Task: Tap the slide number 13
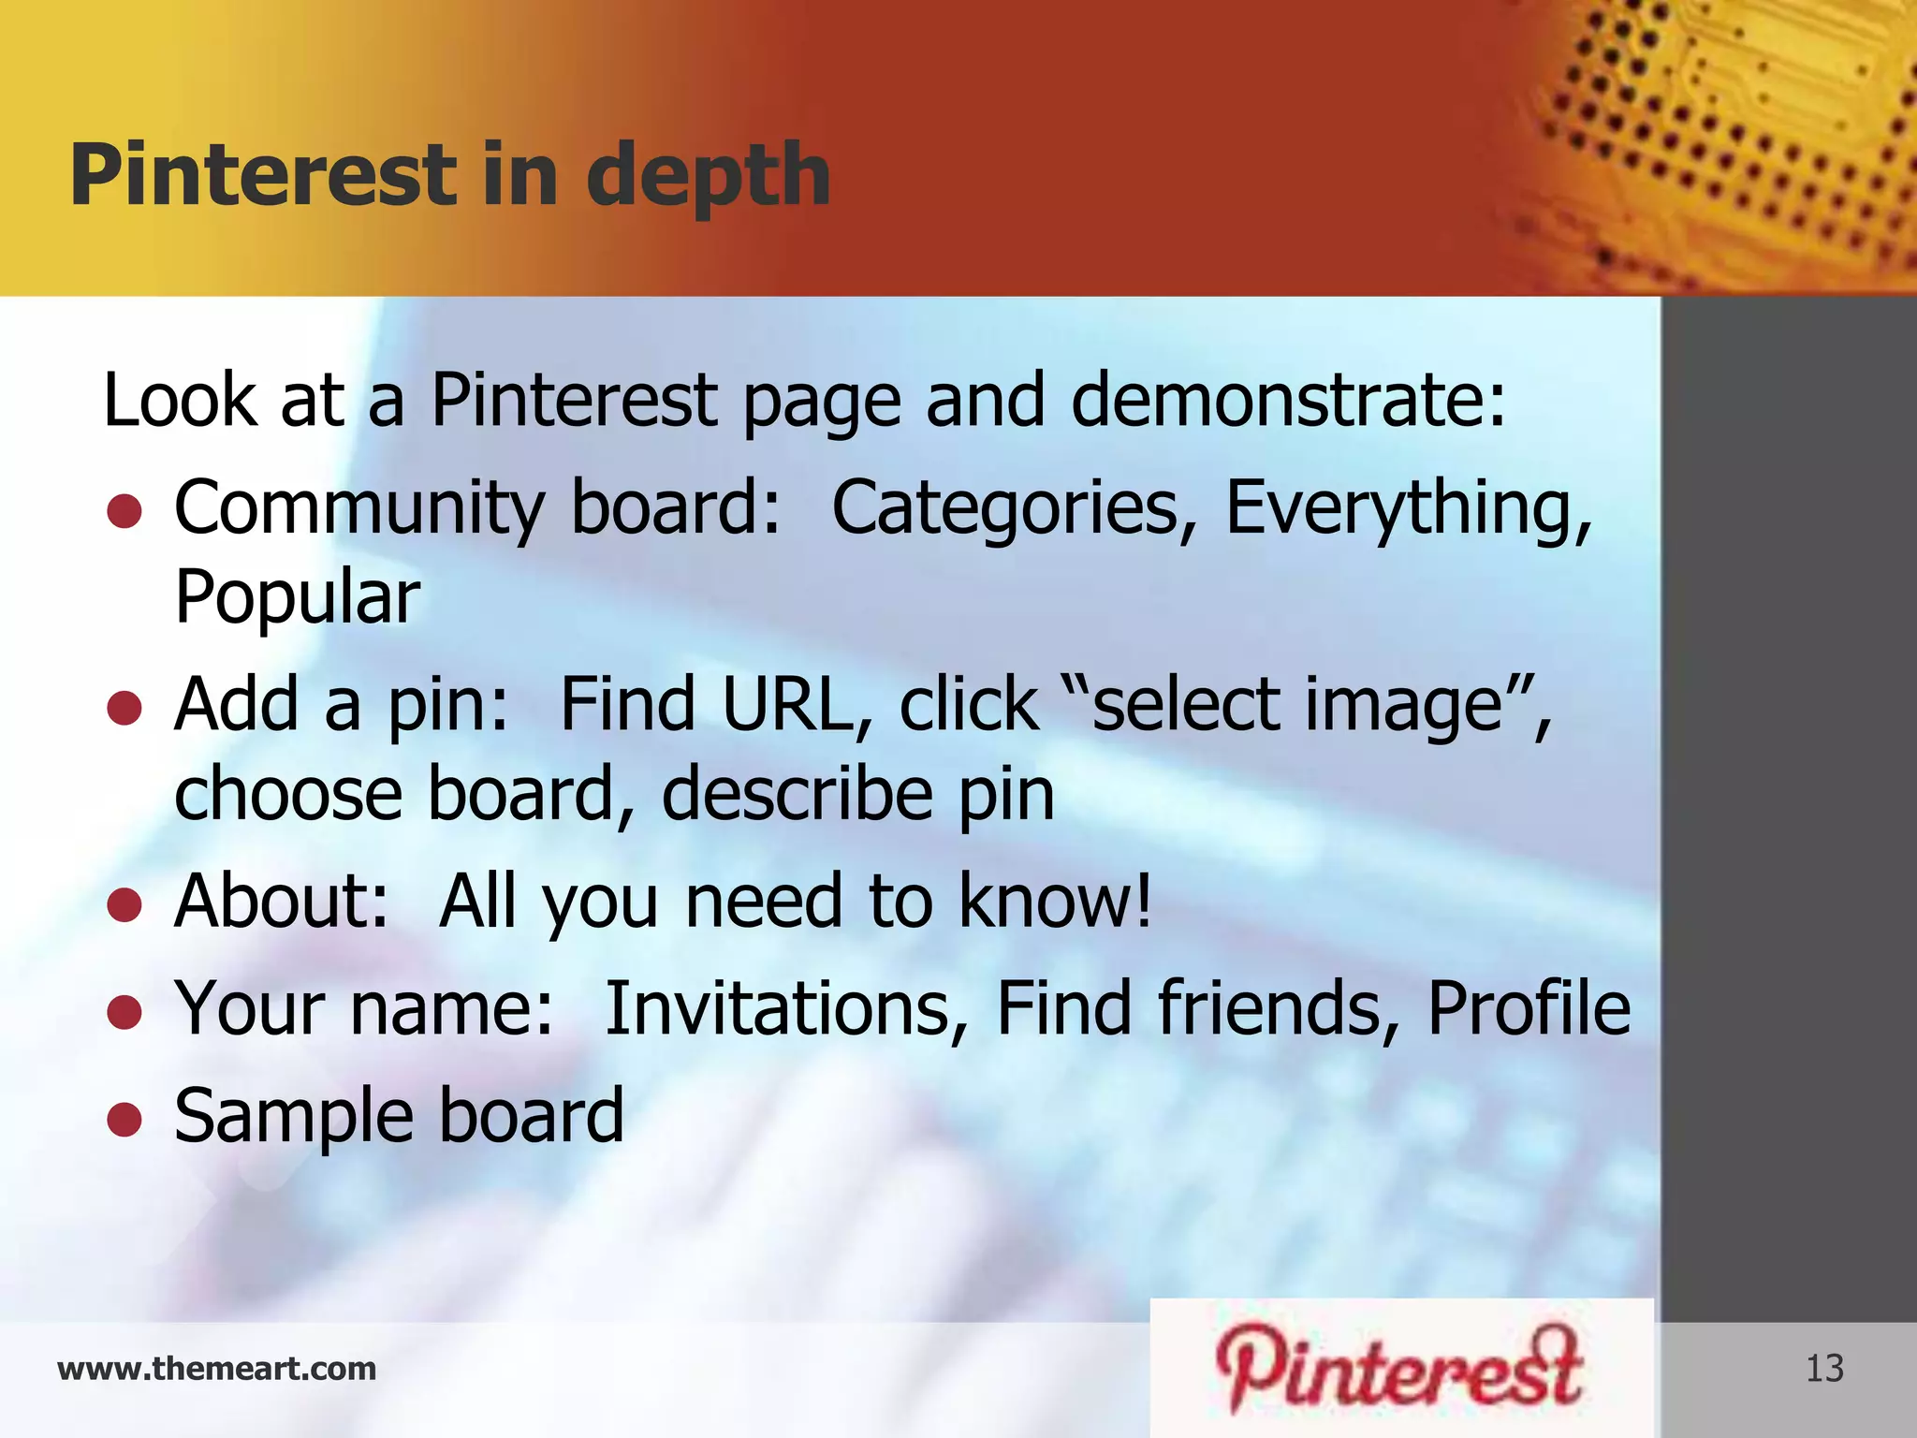[1824, 1369]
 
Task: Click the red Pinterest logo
[1400, 1369]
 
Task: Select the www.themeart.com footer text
[216, 1369]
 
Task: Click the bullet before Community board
[124, 511]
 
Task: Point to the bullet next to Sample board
[124, 1118]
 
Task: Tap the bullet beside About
[124, 904]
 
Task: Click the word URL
[798, 705]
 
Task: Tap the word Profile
[1529, 1009]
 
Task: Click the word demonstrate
[1288, 401]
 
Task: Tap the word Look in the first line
[178, 401]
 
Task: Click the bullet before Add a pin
[124, 708]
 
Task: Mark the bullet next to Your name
[124, 1011]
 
